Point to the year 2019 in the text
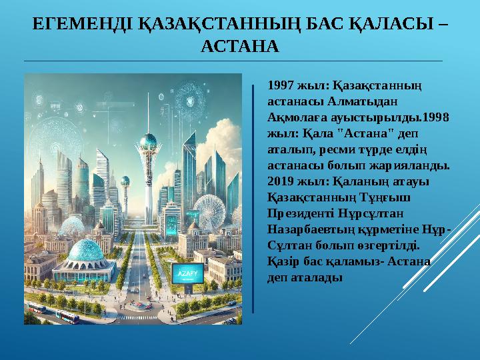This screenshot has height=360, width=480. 279,181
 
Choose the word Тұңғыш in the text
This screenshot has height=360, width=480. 386,197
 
